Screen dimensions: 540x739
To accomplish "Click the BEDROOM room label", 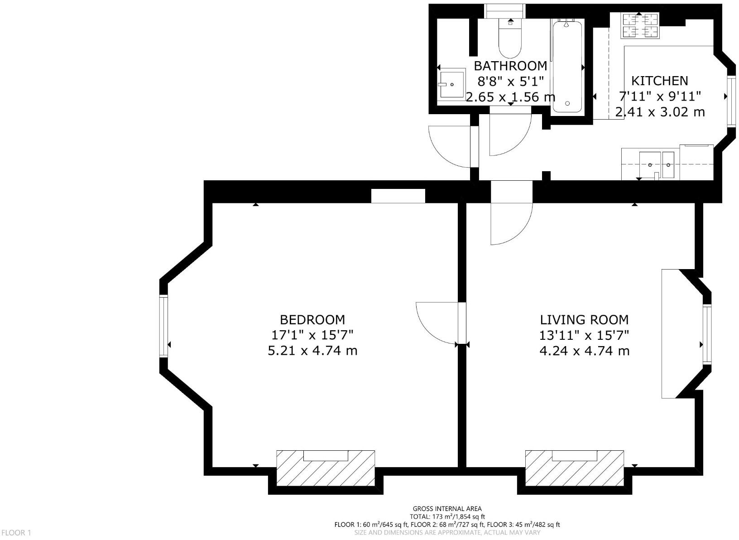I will pyautogui.click(x=312, y=320).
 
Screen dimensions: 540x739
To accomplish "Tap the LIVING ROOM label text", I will pyautogui.click(x=584, y=320).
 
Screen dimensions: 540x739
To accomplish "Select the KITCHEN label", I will pyautogui.click(x=659, y=81).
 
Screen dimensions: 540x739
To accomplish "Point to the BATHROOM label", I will pyautogui.click(x=510, y=66).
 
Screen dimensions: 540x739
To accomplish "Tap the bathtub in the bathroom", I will pyautogui.click(x=567, y=66).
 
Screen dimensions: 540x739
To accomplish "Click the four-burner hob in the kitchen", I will pyautogui.click(x=640, y=26).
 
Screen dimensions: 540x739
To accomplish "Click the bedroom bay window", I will pyautogui.click(x=163, y=326).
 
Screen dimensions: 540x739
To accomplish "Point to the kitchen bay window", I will pyautogui.click(x=730, y=101).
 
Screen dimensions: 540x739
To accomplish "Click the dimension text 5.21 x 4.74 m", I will pyautogui.click(x=312, y=351).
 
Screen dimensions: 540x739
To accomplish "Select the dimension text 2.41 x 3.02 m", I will pyautogui.click(x=659, y=112).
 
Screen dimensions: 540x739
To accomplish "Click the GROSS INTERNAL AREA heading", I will pyautogui.click(x=447, y=509).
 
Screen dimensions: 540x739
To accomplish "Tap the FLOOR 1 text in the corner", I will pyautogui.click(x=16, y=533).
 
